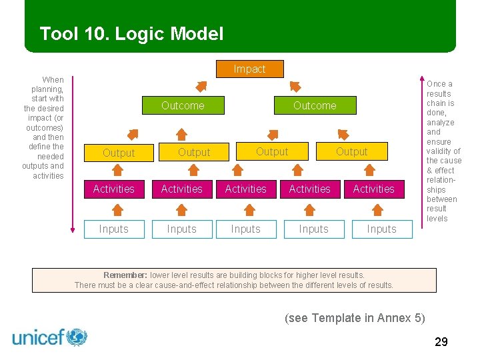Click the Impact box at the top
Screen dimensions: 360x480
coord(250,69)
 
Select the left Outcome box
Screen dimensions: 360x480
coord(183,105)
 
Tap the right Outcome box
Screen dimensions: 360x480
coord(315,105)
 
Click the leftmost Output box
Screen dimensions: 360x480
coord(119,153)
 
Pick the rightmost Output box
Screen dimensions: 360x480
coord(351,151)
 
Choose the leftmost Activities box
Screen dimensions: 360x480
coord(114,189)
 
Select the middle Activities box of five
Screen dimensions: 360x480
coord(245,189)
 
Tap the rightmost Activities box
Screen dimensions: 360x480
coord(373,189)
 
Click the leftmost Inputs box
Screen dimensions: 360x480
coord(114,229)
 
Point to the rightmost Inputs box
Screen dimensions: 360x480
coord(381,229)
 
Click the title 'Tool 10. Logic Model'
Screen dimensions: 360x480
coord(131,33)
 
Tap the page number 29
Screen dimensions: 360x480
coord(441,342)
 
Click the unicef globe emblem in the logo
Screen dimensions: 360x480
coord(77,337)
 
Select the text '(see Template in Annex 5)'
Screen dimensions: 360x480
coord(355,317)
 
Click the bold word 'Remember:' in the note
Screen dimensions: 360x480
coord(125,275)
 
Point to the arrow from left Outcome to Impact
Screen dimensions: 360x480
coord(200,86)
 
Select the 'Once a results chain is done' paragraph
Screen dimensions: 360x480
coord(443,151)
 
